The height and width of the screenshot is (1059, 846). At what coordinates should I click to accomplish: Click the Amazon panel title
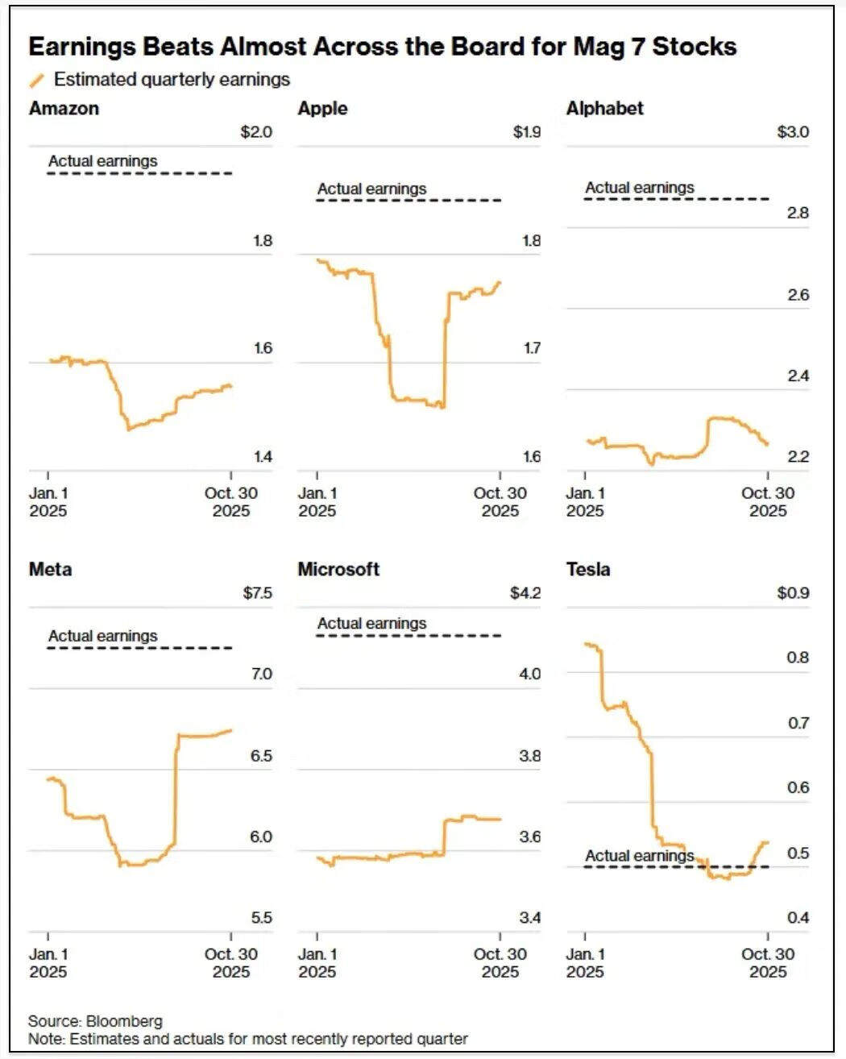click(x=64, y=109)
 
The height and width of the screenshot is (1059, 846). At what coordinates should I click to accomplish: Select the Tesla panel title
click(x=588, y=570)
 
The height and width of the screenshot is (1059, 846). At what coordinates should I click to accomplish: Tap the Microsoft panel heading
click(x=338, y=570)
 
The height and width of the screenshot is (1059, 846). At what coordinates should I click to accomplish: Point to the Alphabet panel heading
click(x=604, y=109)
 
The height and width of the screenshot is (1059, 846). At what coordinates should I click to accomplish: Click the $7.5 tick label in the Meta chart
click(x=258, y=593)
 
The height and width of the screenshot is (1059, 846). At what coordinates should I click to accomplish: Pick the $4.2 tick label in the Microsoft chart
click(x=525, y=593)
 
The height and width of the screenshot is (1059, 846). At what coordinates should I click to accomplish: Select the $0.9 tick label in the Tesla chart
click(x=793, y=593)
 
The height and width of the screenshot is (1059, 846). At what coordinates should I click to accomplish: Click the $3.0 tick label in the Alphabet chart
click(x=793, y=132)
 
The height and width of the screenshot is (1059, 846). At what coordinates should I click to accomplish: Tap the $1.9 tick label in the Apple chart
click(x=526, y=132)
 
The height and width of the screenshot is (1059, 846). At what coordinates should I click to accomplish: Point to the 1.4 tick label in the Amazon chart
click(x=263, y=457)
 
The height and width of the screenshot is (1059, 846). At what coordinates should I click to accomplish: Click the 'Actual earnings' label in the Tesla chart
click(x=639, y=856)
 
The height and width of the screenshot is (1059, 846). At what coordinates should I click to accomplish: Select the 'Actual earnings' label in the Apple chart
click(x=371, y=189)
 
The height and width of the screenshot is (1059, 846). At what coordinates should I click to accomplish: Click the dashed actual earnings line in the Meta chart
click(x=139, y=648)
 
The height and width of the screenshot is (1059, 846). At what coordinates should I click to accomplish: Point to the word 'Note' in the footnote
click(x=45, y=1039)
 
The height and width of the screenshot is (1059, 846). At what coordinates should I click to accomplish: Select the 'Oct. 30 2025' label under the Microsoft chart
click(x=500, y=962)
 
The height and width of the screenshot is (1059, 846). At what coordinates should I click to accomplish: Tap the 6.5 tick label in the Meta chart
click(x=261, y=756)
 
